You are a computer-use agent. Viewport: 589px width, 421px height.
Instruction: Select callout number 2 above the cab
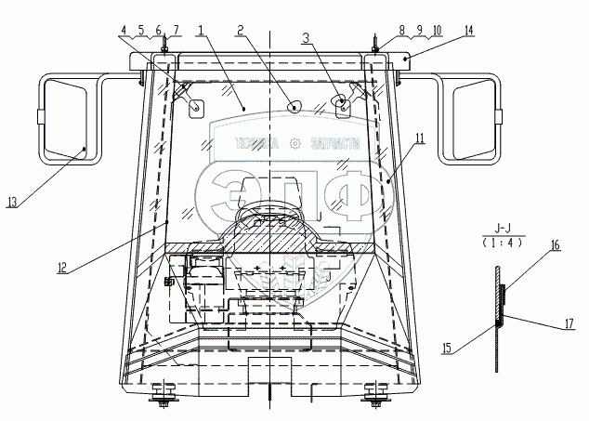240,30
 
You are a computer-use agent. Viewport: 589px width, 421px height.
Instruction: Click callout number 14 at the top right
468,30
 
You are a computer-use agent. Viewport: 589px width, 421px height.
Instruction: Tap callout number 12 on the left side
61,269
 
